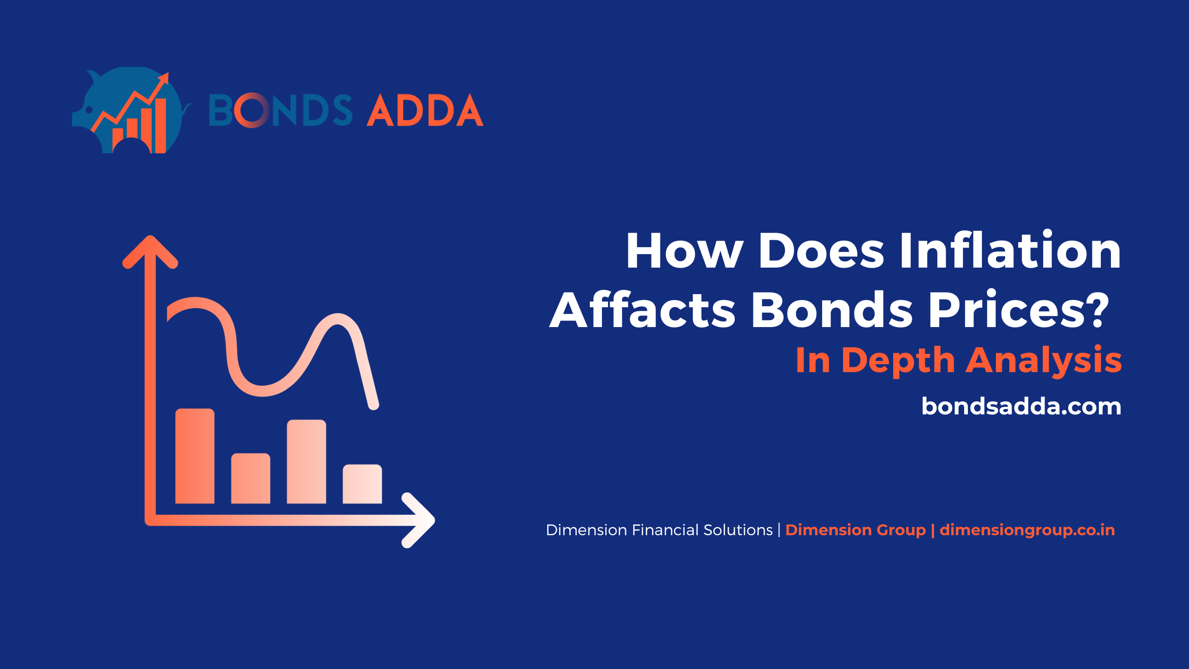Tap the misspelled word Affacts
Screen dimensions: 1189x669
(x=643, y=309)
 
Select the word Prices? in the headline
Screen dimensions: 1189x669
(x=1019, y=309)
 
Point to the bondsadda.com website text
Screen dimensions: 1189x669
(x=1021, y=406)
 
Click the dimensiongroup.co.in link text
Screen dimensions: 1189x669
(x=1027, y=530)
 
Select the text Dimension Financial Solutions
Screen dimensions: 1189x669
(x=659, y=530)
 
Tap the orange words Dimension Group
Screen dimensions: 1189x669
(x=856, y=530)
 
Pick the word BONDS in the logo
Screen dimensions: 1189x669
(x=281, y=110)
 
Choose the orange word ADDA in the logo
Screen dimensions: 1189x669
(x=425, y=110)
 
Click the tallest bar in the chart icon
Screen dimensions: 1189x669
(x=195, y=456)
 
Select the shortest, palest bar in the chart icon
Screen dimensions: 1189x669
(x=362, y=484)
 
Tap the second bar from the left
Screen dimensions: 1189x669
(x=251, y=478)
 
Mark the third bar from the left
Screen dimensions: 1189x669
(x=307, y=461)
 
